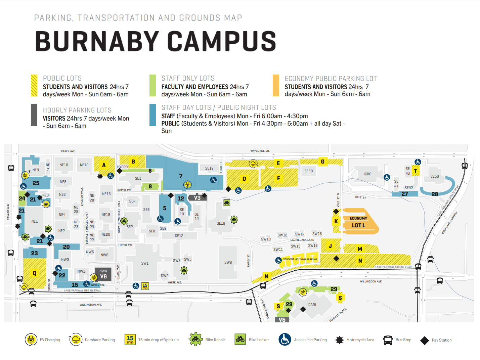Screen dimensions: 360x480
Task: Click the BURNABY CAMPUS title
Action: point(155,41)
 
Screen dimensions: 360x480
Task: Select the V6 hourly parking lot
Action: point(103,276)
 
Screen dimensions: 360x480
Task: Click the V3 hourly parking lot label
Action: point(197,198)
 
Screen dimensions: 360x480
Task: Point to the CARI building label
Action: point(312,305)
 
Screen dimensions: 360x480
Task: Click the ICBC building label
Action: point(367,174)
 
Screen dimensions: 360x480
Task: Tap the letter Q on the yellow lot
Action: point(34,273)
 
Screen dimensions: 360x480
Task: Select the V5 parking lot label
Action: point(282,320)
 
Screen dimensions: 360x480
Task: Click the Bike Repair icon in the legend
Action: point(195,340)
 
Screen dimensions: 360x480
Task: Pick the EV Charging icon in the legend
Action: point(31,340)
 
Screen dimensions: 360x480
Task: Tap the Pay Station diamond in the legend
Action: point(425,340)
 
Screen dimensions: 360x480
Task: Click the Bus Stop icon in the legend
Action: point(388,340)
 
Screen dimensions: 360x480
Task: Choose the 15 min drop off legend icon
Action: point(130,340)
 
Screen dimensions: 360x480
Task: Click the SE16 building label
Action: point(221,223)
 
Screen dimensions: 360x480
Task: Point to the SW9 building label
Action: point(228,262)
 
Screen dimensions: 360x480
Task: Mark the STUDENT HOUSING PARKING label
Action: point(300,259)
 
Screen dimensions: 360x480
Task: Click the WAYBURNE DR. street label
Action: point(260,151)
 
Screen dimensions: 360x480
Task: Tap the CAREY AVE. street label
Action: point(68,151)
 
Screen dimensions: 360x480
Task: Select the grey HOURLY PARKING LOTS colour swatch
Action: point(34,115)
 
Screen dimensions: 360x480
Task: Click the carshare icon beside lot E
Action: point(253,164)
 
